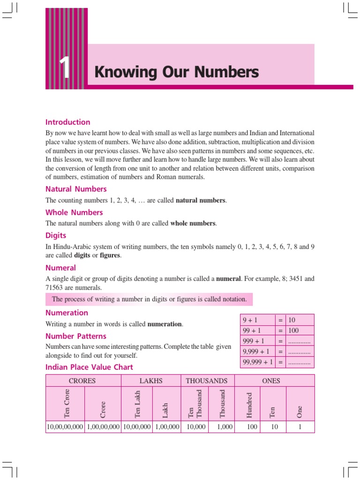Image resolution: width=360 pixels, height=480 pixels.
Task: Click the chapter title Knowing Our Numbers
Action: coord(176,72)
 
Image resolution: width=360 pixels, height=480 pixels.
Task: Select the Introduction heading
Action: coord(67,122)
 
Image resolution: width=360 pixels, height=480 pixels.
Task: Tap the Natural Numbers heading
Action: coord(76,189)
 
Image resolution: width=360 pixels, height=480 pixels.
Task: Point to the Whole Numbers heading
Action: coord(74,212)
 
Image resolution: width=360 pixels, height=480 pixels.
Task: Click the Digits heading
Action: coord(56,235)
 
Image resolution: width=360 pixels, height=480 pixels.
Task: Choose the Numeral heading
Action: coord(60,268)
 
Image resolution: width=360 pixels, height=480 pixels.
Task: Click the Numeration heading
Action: coord(67,313)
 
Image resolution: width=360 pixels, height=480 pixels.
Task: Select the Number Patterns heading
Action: coord(75,336)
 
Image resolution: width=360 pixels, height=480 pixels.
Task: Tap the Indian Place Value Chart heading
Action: coord(89,367)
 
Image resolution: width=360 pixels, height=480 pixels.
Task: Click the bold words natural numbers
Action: coord(201,201)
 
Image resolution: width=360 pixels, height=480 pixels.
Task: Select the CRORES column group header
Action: coord(83,381)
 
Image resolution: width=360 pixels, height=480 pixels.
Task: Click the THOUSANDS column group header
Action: coord(207,381)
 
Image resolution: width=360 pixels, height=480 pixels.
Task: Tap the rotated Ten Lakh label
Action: coord(137,404)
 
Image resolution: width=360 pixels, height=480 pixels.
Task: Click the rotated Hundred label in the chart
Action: coord(249,405)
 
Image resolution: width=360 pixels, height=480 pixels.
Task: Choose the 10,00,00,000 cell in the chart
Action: coord(65,427)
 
